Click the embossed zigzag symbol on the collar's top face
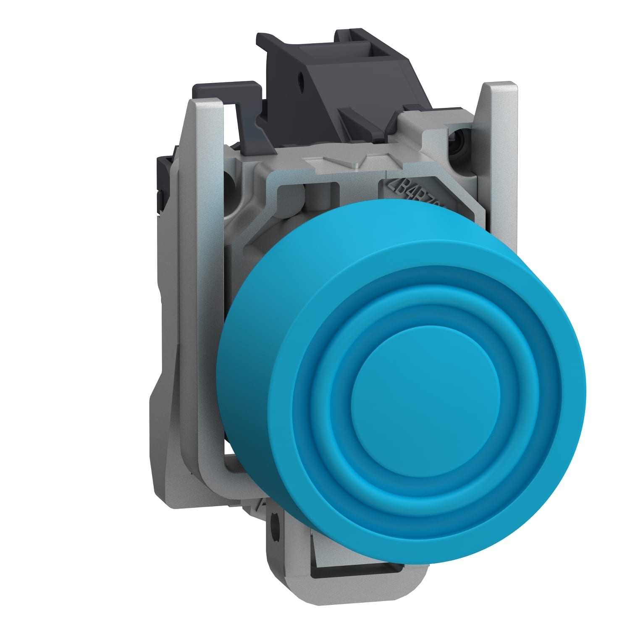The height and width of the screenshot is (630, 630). pos(342,162)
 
